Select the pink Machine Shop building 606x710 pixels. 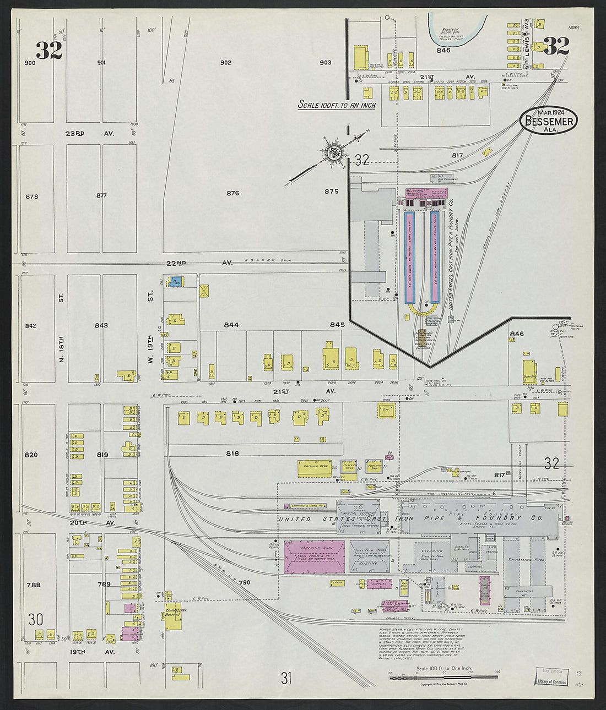(314, 557)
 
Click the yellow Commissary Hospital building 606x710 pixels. (174, 616)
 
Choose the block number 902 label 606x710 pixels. (225, 62)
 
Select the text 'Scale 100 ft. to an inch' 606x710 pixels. (336, 105)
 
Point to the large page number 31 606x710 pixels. (286, 678)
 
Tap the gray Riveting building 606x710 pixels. (369, 562)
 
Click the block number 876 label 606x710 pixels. (232, 193)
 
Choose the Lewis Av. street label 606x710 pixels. (528, 37)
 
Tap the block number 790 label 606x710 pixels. (245, 582)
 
